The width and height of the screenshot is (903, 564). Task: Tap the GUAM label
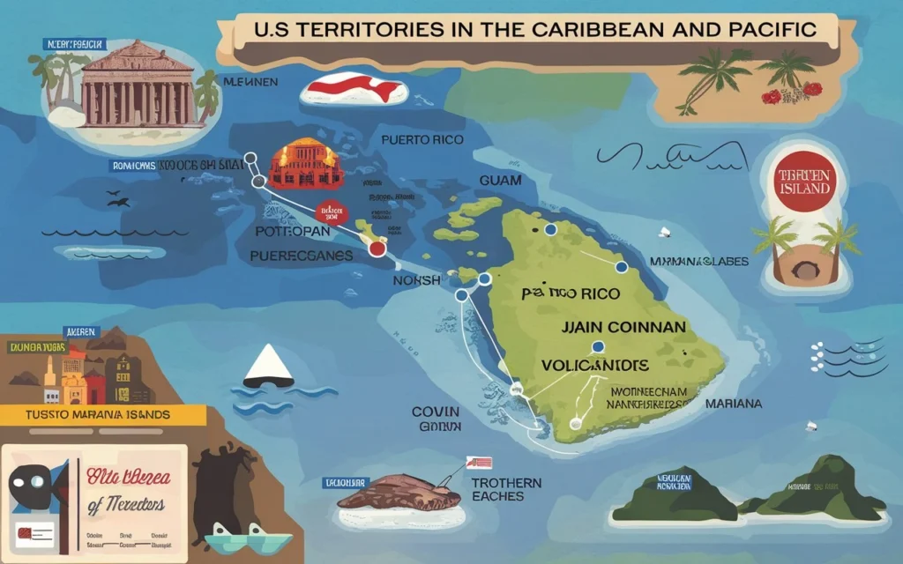pyautogui.click(x=500, y=180)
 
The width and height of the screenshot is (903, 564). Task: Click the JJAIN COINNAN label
pyautogui.click(x=623, y=327)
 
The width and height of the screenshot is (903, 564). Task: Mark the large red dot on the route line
pyautogui.click(x=377, y=249)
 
